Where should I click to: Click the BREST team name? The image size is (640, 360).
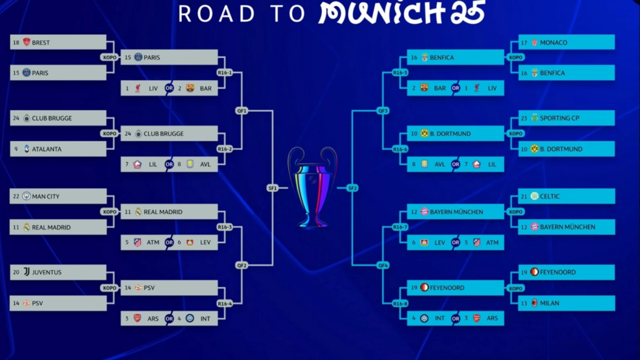[41, 42]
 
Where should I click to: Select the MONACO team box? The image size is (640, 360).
[566, 42]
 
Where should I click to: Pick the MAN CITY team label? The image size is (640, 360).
[46, 196]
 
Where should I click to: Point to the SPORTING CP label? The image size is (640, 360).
[559, 118]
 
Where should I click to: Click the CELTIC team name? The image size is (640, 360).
[550, 196]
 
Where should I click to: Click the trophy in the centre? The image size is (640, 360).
[312, 187]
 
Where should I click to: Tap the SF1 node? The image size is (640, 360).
[272, 188]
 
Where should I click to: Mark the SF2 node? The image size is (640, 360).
[352, 188]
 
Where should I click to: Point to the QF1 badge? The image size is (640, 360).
[242, 111]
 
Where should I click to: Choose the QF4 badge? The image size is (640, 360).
[383, 265]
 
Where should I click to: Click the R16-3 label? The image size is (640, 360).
[224, 227]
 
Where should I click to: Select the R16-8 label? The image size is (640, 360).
[400, 304]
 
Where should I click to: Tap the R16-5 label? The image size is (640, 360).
[400, 72]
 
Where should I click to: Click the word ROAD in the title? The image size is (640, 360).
[217, 14]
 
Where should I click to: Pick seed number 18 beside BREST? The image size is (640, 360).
[16, 42]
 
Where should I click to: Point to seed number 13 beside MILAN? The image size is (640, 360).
[524, 303]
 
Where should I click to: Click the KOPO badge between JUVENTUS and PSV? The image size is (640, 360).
[109, 288]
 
